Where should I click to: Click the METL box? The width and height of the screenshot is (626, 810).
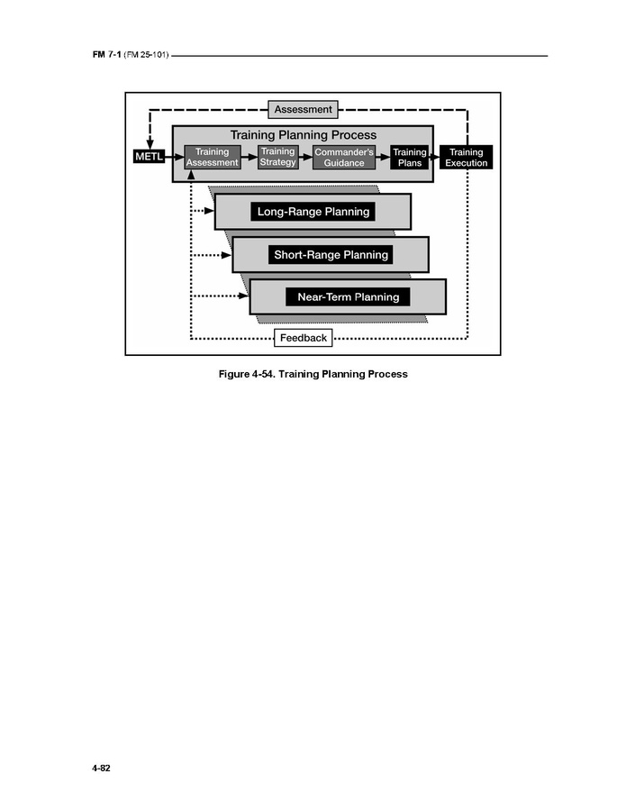coord(149,158)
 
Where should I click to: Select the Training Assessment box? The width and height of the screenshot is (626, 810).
coord(213,158)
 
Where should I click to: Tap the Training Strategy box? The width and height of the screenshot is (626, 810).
coord(278,158)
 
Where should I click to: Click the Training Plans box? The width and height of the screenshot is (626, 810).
coord(409,158)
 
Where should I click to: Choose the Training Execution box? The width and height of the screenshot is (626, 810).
coord(467,158)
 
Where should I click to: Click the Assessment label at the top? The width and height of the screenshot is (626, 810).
coord(304,109)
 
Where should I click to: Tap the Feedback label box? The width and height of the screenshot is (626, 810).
coord(304,338)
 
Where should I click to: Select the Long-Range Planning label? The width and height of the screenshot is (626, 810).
coord(313,212)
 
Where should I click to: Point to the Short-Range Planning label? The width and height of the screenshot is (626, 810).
coord(331,254)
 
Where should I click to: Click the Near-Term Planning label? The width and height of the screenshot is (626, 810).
coord(348,296)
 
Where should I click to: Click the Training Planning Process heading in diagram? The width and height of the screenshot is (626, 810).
coord(303,135)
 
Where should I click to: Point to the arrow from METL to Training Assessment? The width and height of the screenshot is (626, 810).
coord(174,158)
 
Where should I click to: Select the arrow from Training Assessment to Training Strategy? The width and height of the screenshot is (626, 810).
coord(249,158)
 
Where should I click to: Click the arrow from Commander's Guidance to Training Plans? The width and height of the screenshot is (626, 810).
coord(382,158)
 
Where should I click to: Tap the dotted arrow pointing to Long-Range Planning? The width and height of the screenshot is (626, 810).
coord(204,212)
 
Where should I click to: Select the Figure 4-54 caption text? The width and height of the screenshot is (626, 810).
coord(313,373)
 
